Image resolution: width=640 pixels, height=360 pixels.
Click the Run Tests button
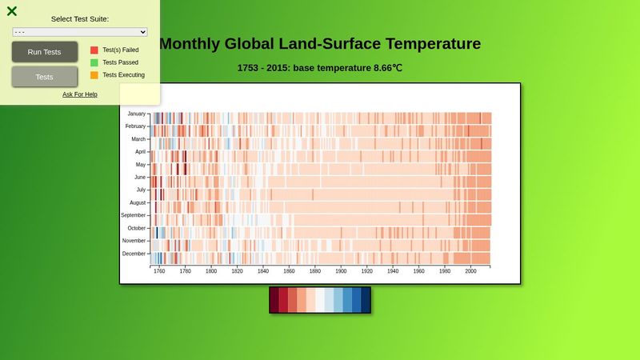coord(44,52)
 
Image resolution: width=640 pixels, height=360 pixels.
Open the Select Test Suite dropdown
coord(80,31)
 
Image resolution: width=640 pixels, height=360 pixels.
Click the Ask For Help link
coord(80,94)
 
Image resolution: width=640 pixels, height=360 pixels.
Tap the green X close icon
coord(12,11)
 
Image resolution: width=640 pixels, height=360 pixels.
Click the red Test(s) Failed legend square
coord(94,50)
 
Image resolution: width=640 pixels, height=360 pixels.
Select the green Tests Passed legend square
coord(94,62)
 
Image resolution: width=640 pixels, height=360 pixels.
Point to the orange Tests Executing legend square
coord(94,75)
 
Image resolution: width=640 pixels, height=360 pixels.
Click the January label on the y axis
coord(136,114)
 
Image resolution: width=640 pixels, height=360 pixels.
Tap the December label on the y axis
coord(134,254)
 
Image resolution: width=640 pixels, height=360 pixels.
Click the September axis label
coord(133,215)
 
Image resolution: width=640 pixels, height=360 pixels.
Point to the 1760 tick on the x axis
coord(159,271)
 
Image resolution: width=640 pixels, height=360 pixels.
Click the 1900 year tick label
coord(341,271)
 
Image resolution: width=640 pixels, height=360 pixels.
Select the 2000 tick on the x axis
coord(470,271)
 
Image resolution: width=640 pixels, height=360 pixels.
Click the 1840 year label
coord(263,271)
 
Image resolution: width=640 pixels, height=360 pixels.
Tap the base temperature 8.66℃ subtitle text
coord(348,68)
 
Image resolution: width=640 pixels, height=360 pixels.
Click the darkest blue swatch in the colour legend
coord(366,300)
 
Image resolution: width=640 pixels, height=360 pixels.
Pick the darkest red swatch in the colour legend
coord(274,300)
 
